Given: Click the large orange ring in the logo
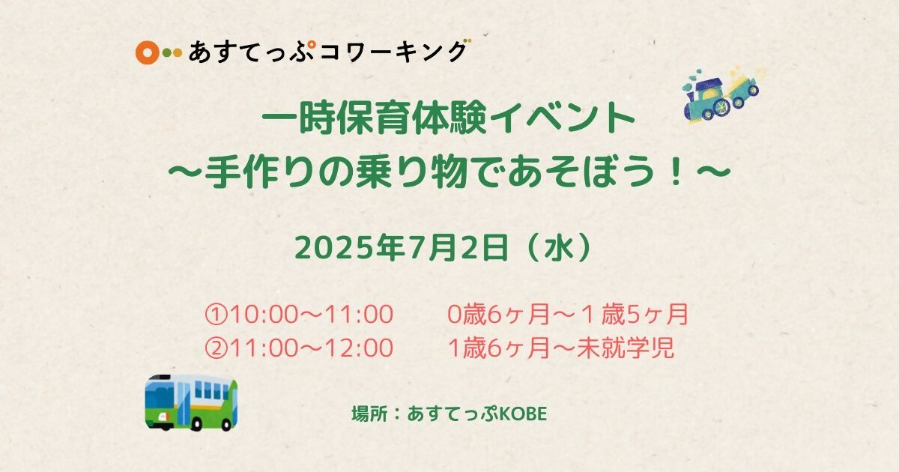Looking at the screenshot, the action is point(148,52).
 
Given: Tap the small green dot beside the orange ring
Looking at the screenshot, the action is point(167,52).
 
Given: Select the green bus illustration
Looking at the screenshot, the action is point(191,402).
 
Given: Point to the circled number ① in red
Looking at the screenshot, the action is point(217,314).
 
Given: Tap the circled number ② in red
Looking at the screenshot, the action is point(217,348).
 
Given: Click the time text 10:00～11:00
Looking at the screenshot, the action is point(312,314).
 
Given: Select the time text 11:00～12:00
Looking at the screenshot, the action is point(312,348).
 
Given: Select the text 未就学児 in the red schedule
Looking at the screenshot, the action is point(626,348).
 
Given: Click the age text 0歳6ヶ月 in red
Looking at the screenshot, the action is point(498,314).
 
